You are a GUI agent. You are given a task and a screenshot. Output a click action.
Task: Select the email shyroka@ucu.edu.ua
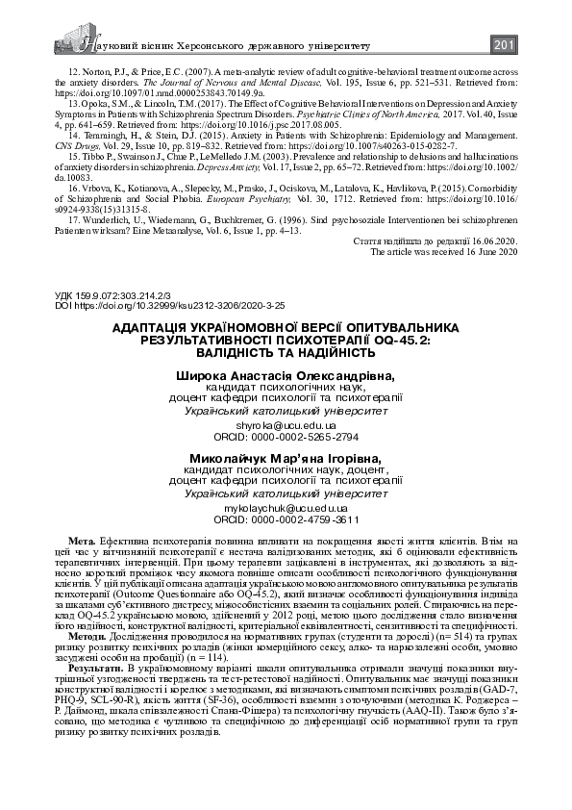(286, 451)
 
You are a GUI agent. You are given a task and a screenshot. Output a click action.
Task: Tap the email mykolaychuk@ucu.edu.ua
(286, 507)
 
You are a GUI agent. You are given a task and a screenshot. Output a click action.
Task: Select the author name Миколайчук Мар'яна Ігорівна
(286, 457)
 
